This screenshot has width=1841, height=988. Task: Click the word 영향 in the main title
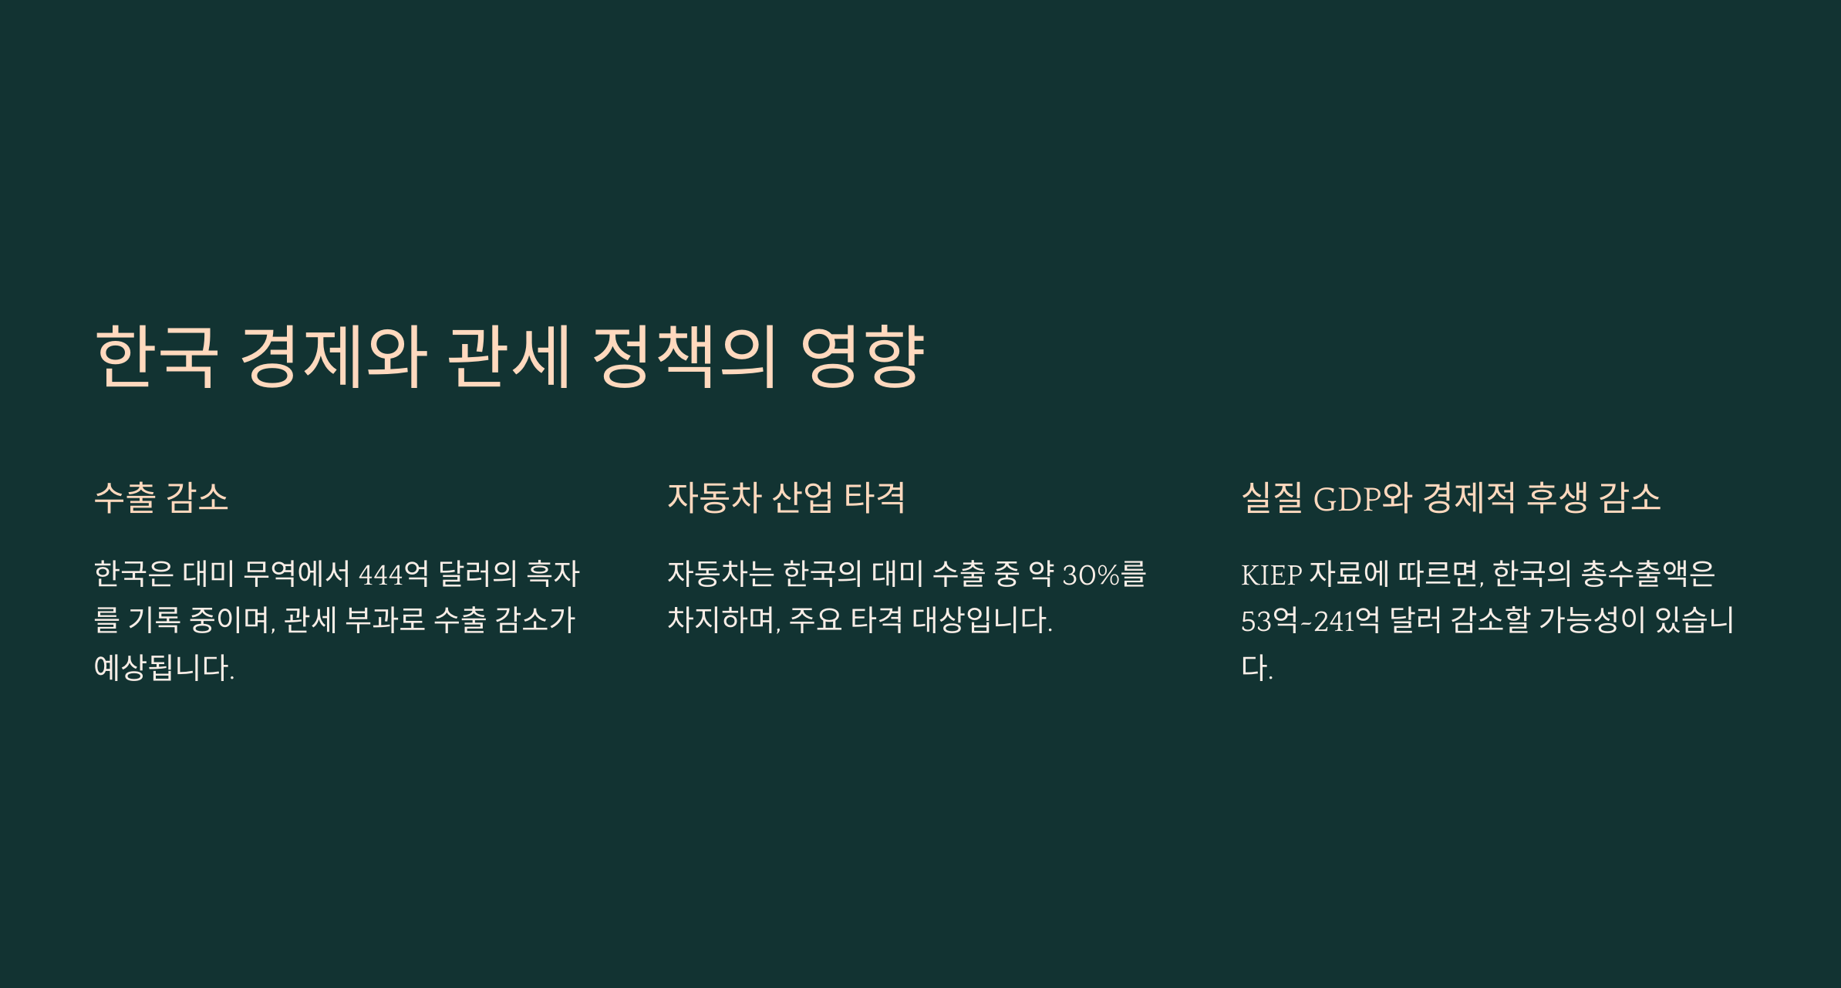[862, 356]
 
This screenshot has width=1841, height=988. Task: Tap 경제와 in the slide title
[333, 356]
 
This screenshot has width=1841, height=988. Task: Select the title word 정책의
[684, 356]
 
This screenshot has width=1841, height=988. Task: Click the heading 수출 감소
[161, 497]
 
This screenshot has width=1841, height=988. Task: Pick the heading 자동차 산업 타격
[786, 497]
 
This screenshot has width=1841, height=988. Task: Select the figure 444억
[393, 574]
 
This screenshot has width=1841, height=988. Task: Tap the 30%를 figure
[1104, 574]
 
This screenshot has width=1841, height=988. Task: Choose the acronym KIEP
[1271, 575]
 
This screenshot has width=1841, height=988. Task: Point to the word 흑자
[552, 574]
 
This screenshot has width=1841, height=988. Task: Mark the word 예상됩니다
[164, 668]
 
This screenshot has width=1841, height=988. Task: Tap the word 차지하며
[723, 620]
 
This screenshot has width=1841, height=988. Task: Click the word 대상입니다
[982, 620]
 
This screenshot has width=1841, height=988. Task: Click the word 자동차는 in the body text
[720, 574]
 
